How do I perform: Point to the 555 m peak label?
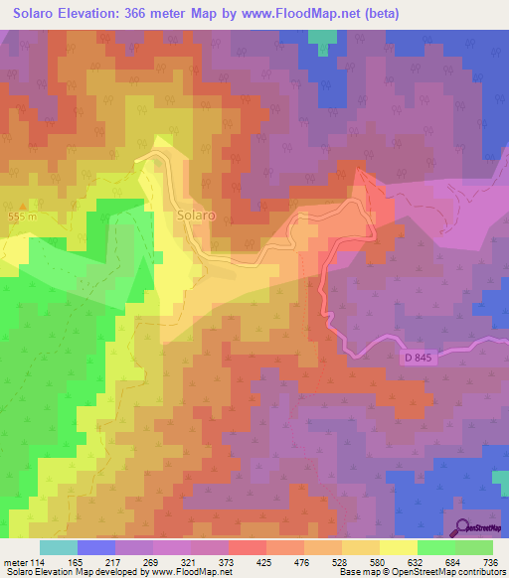coord(21,217)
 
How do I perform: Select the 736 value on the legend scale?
coord(489,562)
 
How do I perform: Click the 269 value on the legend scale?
coord(149,562)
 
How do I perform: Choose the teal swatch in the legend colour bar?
coord(59,547)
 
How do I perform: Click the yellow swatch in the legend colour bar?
coord(399,547)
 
